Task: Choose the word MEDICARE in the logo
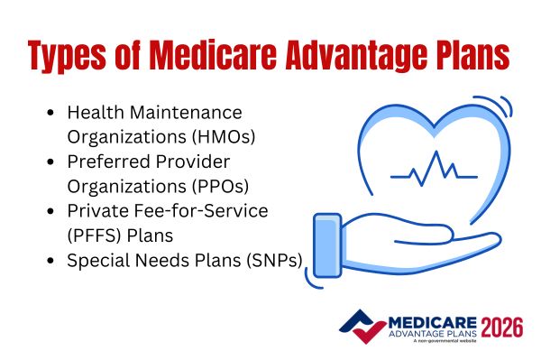point(424,318)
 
